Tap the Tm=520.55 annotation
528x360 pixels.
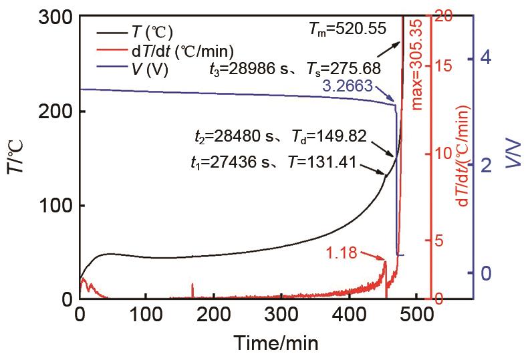348,28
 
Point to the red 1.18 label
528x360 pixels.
343,252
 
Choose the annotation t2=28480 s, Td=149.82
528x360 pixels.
276,136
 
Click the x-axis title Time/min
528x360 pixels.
275,343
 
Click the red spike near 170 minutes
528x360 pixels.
193,289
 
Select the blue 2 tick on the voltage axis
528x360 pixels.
486,166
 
